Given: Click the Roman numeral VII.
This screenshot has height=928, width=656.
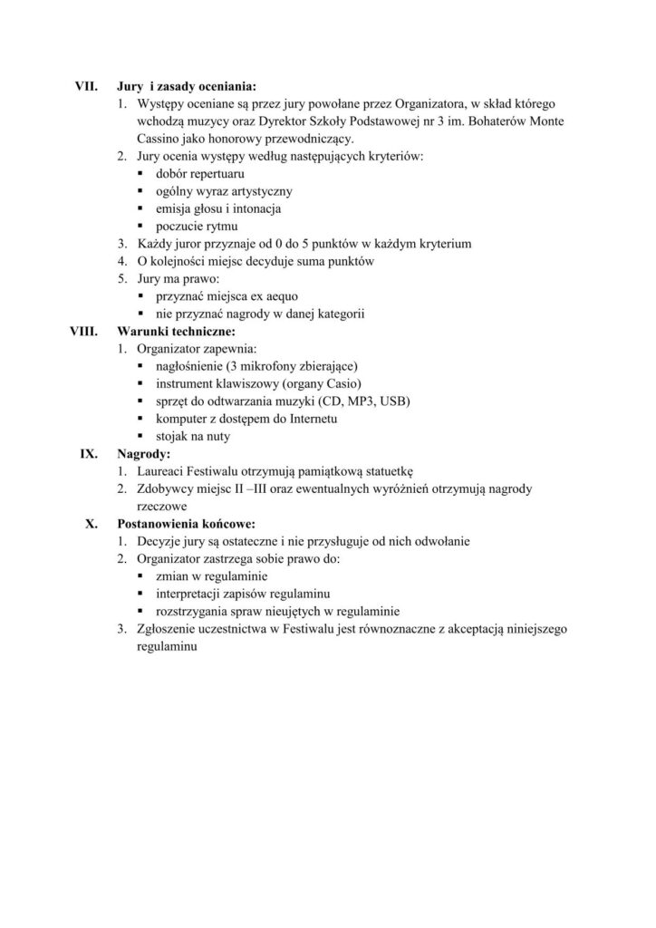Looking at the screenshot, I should (85, 88).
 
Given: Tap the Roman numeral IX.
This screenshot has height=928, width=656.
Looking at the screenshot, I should (89, 453).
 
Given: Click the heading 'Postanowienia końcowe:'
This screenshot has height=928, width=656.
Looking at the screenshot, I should (187, 523).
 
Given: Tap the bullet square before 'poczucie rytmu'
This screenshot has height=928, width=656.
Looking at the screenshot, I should (142, 227).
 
